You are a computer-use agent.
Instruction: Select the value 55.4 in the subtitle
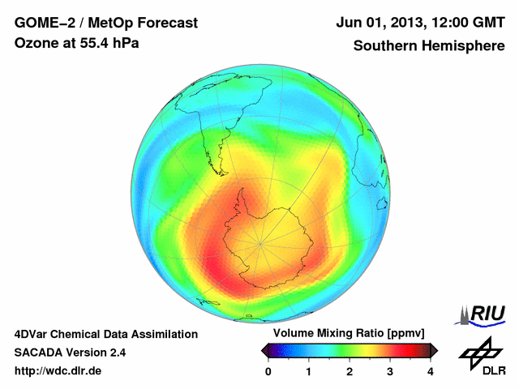point(91,44)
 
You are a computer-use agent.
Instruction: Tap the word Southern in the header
point(384,46)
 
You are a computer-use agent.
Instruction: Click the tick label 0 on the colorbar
point(268,371)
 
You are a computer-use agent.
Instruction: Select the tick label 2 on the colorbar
point(350,371)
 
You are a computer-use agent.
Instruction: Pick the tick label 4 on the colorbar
point(431,371)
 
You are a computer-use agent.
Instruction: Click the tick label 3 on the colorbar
point(390,371)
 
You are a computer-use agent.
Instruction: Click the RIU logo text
point(488,313)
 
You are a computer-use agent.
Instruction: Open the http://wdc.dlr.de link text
point(58,371)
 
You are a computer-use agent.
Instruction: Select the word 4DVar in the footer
point(32,334)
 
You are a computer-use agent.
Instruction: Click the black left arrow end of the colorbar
point(265,350)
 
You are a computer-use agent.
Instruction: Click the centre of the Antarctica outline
point(261,241)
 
